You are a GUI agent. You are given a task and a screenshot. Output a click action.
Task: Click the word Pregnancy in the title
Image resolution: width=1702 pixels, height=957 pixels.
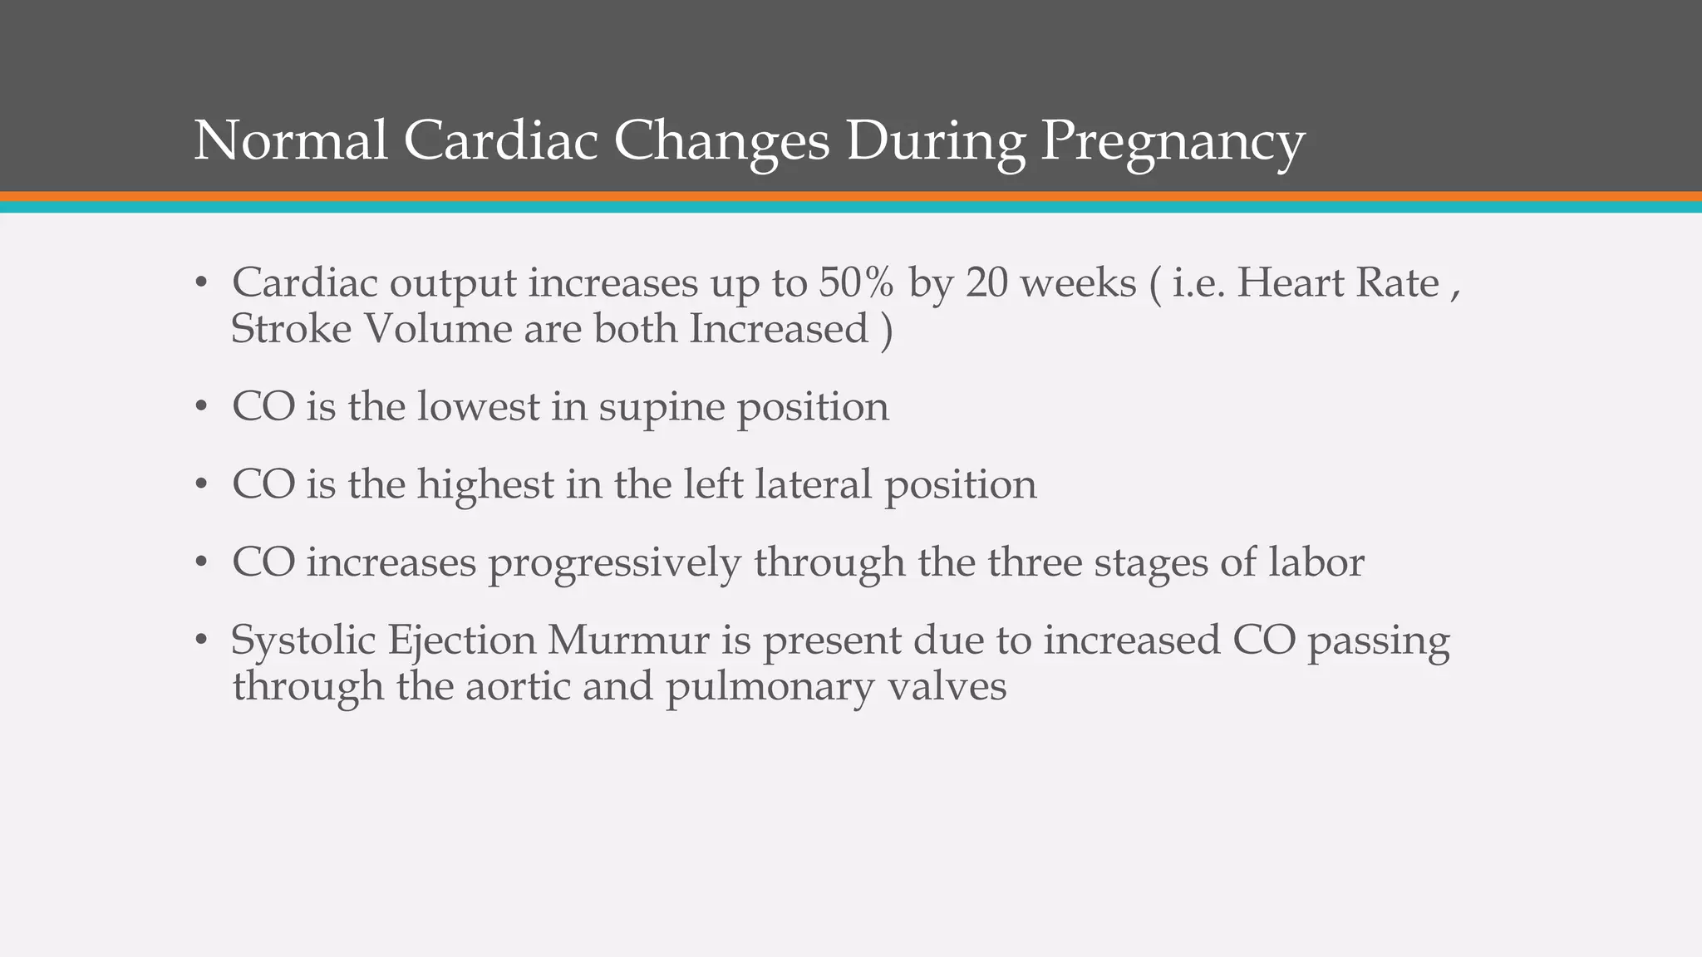point(1173,141)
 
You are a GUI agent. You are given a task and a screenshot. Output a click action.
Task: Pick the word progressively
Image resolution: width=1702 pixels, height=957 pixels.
point(613,563)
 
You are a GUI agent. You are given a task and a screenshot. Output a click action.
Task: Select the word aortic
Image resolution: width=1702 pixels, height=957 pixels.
point(517,687)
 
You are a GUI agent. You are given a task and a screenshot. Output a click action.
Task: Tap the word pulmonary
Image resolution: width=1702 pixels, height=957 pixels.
point(770,689)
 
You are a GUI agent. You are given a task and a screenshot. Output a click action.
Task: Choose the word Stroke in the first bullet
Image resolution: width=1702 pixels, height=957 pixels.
point(291,329)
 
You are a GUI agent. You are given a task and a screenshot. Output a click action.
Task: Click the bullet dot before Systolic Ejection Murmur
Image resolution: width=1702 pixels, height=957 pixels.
point(200,641)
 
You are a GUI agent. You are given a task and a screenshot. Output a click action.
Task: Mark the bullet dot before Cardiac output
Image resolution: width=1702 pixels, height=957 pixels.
point(200,284)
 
